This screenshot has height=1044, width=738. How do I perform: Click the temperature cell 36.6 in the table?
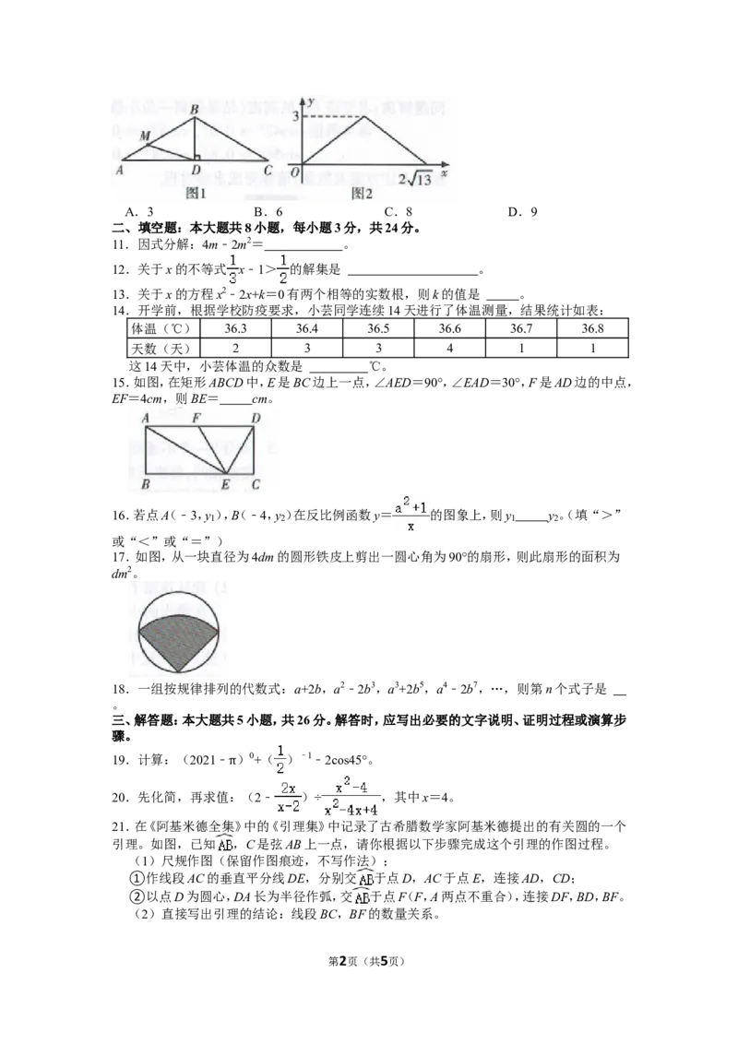click(449, 328)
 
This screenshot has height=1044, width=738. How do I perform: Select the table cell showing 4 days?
click(449, 348)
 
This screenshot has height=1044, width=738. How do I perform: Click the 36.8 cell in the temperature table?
click(592, 328)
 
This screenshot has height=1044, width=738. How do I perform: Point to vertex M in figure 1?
click(145, 137)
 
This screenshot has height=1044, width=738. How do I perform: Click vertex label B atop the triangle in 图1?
click(194, 110)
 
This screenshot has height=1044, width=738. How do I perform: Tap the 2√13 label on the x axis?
click(415, 178)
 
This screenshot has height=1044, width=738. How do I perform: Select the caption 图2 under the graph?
click(363, 194)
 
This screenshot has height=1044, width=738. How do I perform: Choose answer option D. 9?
click(522, 212)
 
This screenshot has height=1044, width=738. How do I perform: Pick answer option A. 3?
click(139, 212)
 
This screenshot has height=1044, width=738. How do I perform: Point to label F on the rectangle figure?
click(196, 418)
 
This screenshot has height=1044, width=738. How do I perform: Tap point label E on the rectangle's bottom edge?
click(225, 485)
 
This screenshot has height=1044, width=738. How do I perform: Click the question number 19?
click(121, 760)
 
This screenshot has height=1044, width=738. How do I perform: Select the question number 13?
click(121, 294)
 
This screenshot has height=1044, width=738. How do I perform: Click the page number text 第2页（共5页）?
click(367, 961)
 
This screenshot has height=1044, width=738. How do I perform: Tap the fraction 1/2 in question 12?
click(282, 269)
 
